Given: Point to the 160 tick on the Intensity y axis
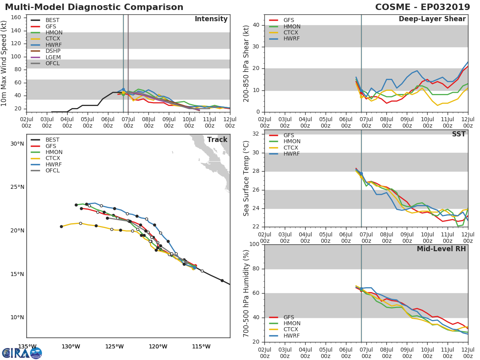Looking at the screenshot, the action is pyautogui.click(x=16, y=18).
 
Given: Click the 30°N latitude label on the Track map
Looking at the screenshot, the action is pyautogui.click(x=17, y=144).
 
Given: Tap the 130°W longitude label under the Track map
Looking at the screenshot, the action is pyautogui.click(x=71, y=346).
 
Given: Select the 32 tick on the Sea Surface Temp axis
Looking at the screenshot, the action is pyautogui.click(x=256, y=134).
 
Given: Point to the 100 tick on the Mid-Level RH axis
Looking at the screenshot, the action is pyautogui.click(x=254, y=244).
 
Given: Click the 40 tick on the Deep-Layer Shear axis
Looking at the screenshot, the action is pyautogui.click(x=256, y=25).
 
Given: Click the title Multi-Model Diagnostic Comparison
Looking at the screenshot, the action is pyautogui.click(x=94, y=7).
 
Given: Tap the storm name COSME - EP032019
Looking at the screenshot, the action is pyautogui.click(x=422, y=7).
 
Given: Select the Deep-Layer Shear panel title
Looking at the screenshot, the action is pyautogui.click(x=432, y=19).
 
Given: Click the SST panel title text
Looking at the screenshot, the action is pyautogui.click(x=459, y=134).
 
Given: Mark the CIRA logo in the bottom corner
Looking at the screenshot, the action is pyautogui.click(x=22, y=352).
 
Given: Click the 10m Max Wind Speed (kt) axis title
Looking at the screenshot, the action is pyautogui.click(x=4, y=64).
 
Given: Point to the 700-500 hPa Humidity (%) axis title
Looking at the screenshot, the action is pyautogui.click(x=246, y=293).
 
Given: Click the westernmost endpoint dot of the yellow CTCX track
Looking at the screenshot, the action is pyautogui.click(x=62, y=227).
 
